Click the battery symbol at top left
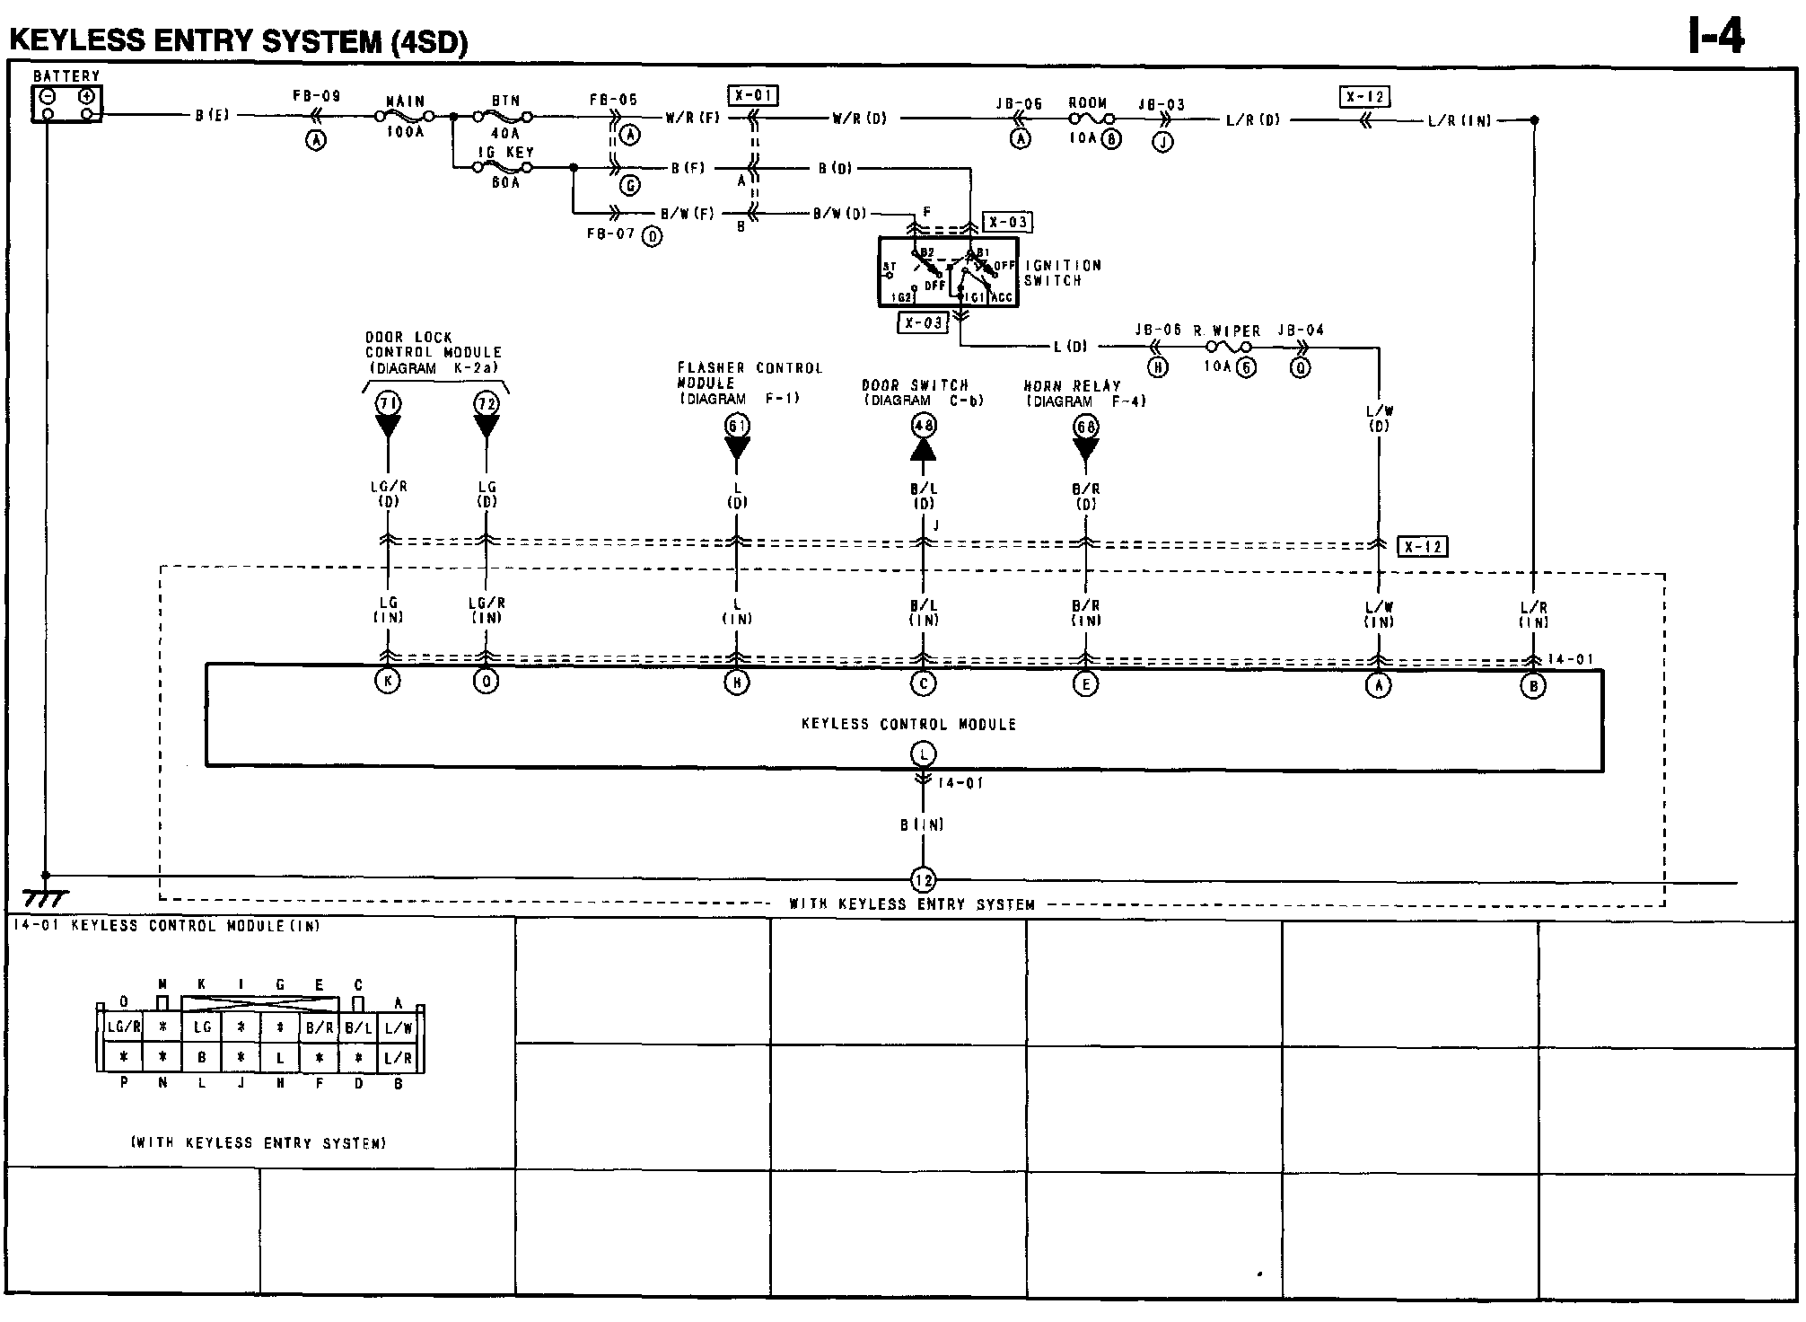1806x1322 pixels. pos(67,103)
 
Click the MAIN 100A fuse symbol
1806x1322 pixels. pos(405,117)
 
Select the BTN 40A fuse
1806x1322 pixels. pos(504,117)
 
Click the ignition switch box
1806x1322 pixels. pos(948,272)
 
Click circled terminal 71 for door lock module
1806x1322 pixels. pos(388,403)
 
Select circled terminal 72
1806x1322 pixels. pos(487,403)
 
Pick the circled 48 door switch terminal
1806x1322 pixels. pos(924,426)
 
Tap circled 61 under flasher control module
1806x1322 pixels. pos(737,426)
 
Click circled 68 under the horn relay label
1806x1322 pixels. pos(1086,427)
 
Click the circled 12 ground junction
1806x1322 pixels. pos(924,880)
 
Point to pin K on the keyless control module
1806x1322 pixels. pos(388,682)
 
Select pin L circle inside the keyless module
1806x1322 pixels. pos(924,754)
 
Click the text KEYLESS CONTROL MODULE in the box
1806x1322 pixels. pos(908,724)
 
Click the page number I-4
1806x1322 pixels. pos(1716,38)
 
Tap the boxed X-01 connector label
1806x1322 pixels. pos(752,95)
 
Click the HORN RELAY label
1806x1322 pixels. pos(1072,386)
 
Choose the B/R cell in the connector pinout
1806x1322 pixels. pos(320,1027)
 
